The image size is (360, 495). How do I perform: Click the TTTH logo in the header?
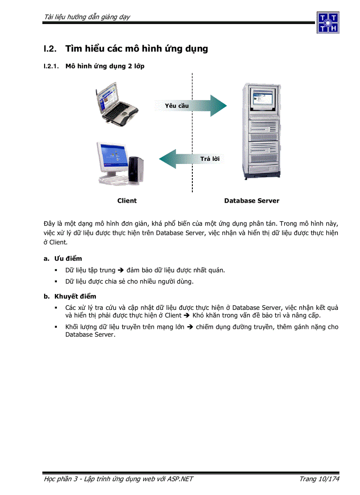328,22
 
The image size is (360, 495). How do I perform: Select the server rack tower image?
261,131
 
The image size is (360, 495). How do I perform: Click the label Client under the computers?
127,201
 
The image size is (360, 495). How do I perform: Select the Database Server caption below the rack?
251,201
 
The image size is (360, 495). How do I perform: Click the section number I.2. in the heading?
49,49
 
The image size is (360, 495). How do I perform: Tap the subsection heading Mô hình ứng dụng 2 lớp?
105,66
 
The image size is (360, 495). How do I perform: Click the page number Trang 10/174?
319,479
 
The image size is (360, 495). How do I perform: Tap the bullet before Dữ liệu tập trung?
56,270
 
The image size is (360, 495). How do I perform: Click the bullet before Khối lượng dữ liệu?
56,327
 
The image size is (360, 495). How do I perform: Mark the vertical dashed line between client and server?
192,132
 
